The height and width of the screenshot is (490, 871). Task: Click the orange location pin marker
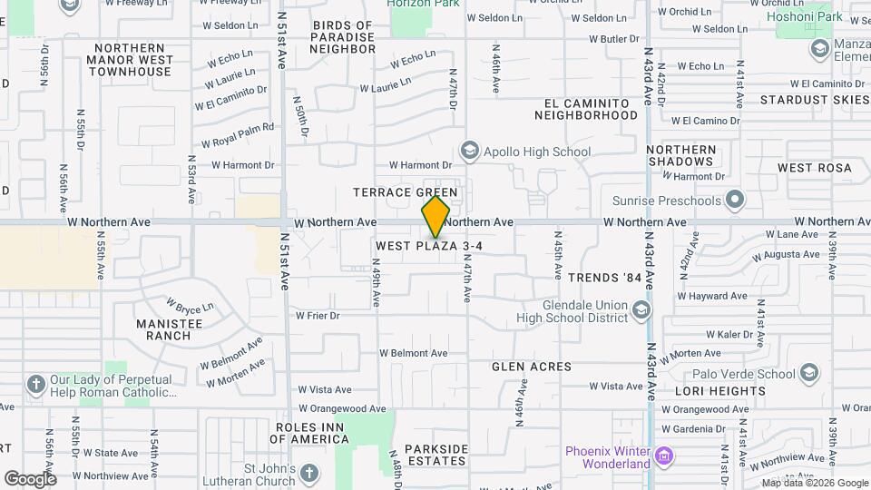(435, 217)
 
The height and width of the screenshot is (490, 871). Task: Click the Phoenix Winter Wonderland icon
(664, 454)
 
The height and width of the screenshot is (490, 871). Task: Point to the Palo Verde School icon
(809, 373)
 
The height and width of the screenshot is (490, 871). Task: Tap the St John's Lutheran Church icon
(308, 474)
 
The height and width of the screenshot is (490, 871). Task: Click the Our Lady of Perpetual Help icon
(36, 385)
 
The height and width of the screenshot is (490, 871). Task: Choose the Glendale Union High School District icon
(641, 311)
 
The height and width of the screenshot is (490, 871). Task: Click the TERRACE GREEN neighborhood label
(405, 192)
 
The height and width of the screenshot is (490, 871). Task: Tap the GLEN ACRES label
(532, 367)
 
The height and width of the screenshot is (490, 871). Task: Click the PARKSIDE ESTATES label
(436, 455)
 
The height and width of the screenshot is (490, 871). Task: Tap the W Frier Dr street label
(318, 316)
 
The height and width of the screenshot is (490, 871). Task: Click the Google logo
(30, 478)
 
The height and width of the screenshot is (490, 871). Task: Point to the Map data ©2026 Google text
(814, 483)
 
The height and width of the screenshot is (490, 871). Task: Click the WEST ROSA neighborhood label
(815, 168)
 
